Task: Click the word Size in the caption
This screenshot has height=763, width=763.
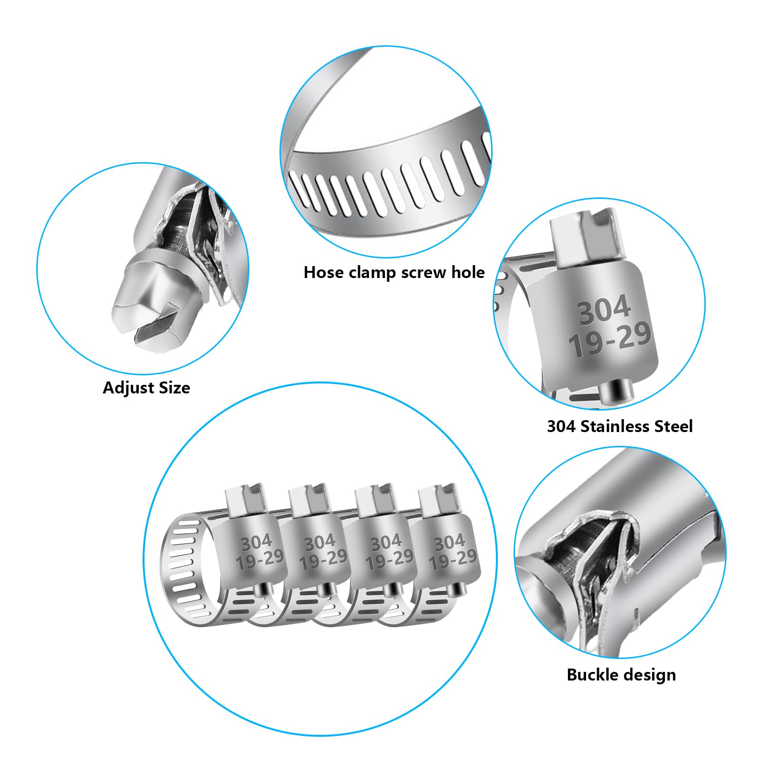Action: pos(174,387)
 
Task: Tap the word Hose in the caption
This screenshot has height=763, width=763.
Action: pos(324,272)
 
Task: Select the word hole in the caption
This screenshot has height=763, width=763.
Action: pos(467,272)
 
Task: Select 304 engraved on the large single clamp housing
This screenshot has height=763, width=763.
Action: pos(604,310)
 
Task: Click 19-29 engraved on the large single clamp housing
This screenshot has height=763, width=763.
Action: pos(610,339)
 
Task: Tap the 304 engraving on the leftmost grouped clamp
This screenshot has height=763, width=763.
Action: pos(257,542)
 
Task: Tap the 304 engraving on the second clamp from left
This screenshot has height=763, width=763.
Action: pos(320,543)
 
